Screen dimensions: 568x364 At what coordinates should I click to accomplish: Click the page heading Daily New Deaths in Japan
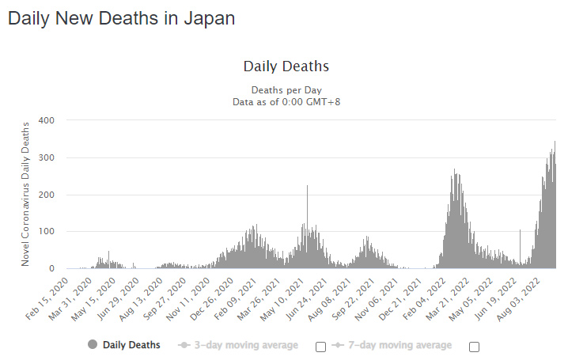[121, 19]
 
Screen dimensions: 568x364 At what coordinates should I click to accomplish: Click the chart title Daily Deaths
[286, 66]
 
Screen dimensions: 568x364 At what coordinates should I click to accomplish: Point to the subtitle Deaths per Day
[286, 90]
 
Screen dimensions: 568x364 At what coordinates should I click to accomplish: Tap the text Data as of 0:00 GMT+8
[286, 102]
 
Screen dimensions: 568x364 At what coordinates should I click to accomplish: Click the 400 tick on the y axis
[47, 120]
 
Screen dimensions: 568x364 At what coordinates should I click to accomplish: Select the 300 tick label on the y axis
[47, 157]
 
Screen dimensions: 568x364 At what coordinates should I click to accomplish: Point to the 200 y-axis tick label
[47, 195]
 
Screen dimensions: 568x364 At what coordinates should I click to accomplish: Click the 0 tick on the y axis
[51, 268]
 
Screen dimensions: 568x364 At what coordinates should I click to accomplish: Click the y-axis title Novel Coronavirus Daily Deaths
[25, 194]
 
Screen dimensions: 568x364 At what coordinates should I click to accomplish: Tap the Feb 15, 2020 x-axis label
[47, 298]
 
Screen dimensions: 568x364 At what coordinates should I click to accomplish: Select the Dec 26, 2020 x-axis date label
[211, 298]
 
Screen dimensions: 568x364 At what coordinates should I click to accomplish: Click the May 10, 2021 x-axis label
[282, 299]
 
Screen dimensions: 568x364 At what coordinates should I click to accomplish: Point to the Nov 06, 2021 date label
[377, 299]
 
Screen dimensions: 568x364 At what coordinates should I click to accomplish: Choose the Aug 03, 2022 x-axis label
[518, 299]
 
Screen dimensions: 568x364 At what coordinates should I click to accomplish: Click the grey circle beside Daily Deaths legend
[93, 344]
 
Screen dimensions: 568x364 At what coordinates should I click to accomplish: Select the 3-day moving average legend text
[246, 345]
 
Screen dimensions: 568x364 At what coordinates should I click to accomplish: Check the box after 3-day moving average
[320, 347]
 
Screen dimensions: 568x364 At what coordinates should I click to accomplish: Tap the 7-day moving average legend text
[400, 345]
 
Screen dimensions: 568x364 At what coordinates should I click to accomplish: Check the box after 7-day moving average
[474, 347]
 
